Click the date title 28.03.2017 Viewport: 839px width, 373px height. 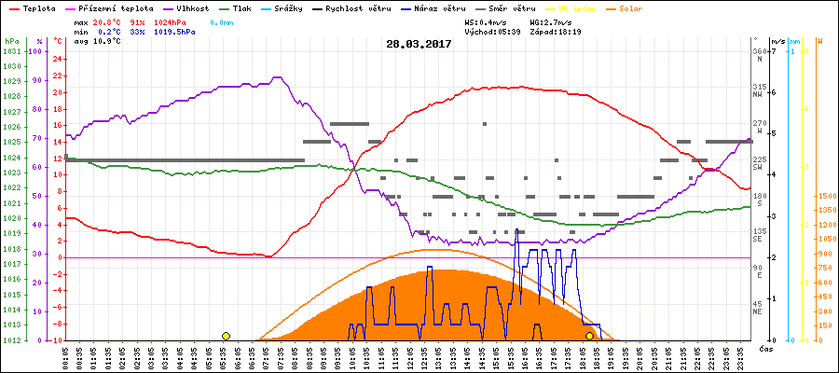pyautogui.click(x=419, y=43)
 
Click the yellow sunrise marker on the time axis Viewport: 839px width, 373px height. pyautogui.click(x=227, y=336)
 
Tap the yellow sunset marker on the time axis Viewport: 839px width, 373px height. pyautogui.click(x=589, y=336)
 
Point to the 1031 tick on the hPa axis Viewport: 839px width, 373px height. pyautogui.click(x=11, y=51)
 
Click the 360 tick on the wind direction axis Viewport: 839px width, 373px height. pyautogui.click(x=760, y=51)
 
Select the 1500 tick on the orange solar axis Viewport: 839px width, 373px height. pyautogui.click(x=825, y=197)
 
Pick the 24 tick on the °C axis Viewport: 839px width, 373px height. pyautogui.click(x=58, y=59)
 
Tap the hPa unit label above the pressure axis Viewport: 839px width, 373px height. pyautogui.click(x=11, y=41)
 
